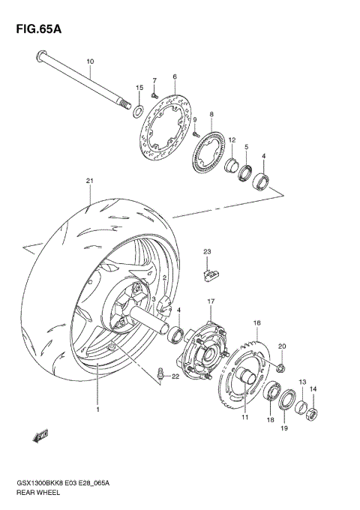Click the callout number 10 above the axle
(90, 61)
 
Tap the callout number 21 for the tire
(89, 181)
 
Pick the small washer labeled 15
(137, 112)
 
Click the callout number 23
(208, 250)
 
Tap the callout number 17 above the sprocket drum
(211, 301)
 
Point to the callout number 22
(175, 376)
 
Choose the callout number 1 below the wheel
(97, 409)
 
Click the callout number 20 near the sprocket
(282, 346)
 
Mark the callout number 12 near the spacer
(232, 140)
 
